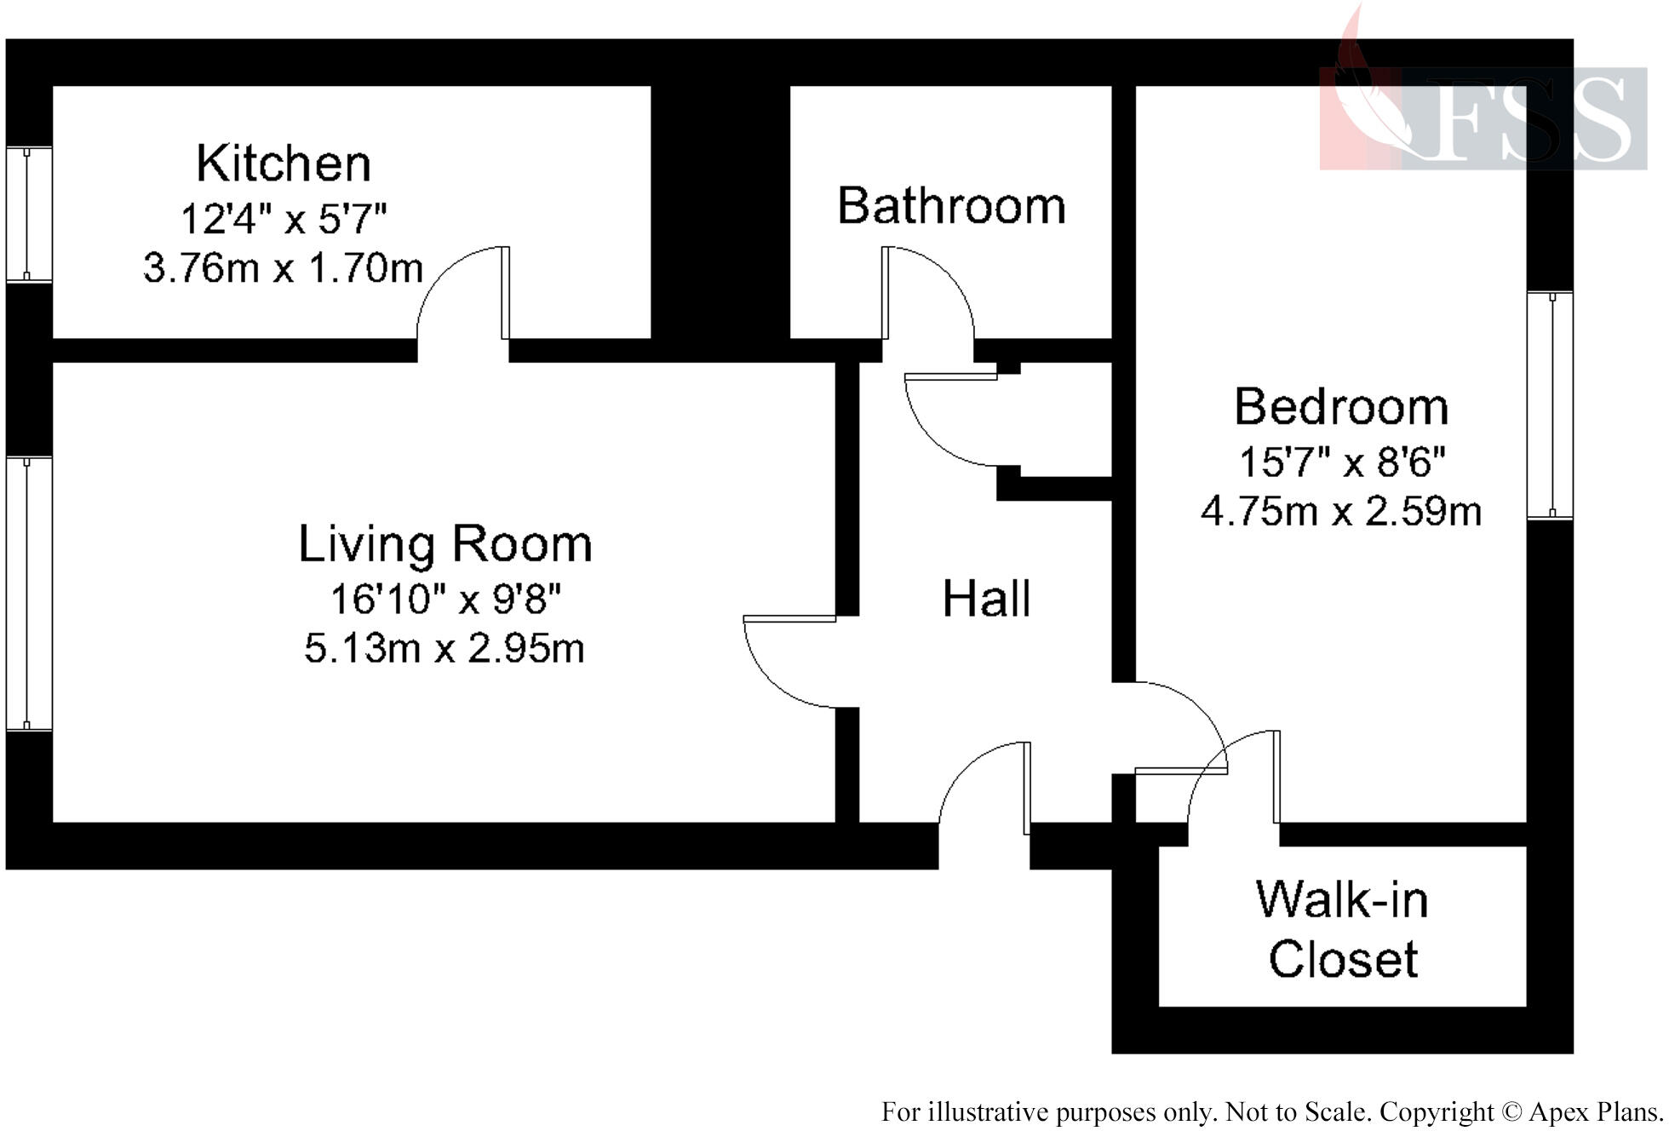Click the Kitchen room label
coord(284,163)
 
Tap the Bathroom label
coord(951,205)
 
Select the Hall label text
coord(986,598)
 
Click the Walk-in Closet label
coord(1342,929)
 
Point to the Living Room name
coord(444,543)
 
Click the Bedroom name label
coord(1341,406)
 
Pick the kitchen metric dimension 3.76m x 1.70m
coord(283,268)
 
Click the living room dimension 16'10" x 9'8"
coord(445,599)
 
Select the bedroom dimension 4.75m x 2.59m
coord(1341,511)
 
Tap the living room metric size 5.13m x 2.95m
coord(444,648)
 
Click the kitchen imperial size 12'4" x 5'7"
coord(284,219)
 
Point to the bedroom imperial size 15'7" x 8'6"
coord(1342,462)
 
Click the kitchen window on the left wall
coord(29,214)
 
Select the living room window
coord(29,594)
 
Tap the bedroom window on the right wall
coord(1550,405)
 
